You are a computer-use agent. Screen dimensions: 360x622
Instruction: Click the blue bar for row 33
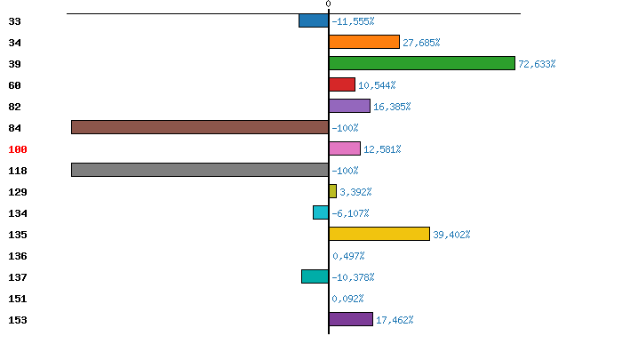coord(314,20)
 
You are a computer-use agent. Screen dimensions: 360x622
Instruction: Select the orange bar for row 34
coord(364,42)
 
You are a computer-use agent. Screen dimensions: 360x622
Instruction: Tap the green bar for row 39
coord(422,63)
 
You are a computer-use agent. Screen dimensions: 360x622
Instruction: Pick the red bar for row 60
coord(342,84)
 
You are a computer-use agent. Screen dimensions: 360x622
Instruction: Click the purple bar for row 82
coord(349,106)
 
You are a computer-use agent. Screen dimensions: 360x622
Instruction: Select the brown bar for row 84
coord(200,127)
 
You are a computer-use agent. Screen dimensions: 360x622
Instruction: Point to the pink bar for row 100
coord(345,148)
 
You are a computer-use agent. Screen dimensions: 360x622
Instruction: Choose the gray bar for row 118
coord(200,170)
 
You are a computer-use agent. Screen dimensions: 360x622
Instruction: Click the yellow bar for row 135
coord(379,234)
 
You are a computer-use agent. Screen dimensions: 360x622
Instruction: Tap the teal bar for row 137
coord(315,276)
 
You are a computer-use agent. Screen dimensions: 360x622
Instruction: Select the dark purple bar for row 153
coord(351,319)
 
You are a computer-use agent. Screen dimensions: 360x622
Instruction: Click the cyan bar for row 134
coord(321,212)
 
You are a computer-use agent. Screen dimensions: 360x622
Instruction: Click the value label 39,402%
coord(451,235)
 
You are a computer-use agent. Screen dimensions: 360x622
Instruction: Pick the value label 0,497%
coord(348,256)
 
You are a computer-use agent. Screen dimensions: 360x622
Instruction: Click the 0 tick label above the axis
coord(329,4)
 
